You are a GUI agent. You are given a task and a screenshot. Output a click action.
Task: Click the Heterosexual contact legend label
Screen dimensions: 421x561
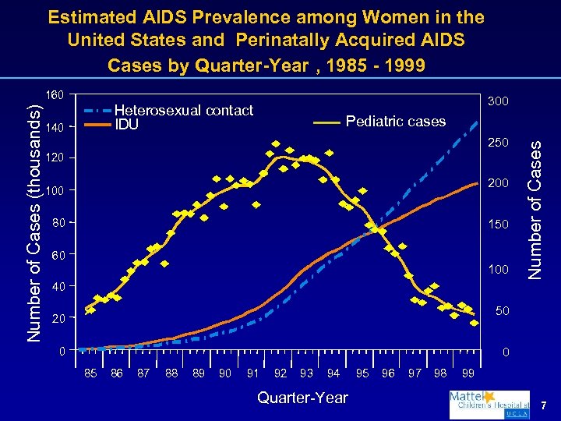click(184, 110)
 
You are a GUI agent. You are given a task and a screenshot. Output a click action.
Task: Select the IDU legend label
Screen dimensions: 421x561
click(126, 123)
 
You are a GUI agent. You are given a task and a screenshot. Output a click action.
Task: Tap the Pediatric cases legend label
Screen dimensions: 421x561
click(395, 121)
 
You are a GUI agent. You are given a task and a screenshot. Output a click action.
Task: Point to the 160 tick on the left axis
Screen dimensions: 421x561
click(54, 95)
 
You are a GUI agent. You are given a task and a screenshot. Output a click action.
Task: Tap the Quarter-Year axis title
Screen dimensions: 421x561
click(302, 398)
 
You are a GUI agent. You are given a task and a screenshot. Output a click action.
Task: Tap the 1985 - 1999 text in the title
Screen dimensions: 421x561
click(376, 64)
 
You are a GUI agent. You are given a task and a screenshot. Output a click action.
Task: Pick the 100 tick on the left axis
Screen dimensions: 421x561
click(54, 191)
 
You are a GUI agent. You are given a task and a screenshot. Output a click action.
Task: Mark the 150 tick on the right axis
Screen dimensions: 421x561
click(498, 225)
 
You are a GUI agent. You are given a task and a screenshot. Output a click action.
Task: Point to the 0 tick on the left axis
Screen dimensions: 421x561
click(61, 350)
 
